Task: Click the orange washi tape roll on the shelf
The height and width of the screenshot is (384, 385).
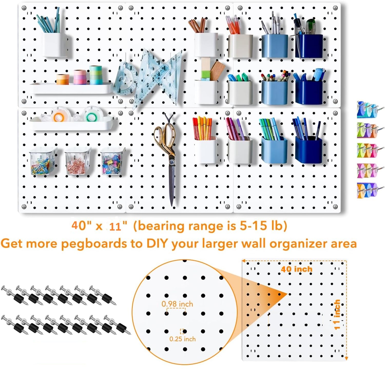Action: pyautogui.click(x=63, y=79)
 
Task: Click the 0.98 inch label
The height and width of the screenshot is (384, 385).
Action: pyautogui.click(x=177, y=304)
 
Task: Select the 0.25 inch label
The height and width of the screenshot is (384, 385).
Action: pyautogui.click(x=182, y=339)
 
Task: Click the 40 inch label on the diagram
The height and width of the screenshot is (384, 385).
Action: pyautogui.click(x=297, y=269)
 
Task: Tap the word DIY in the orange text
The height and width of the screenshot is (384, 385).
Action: pyautogui.click(x=157, y=243)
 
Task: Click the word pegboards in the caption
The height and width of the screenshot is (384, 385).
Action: pyautogui.click(x=94, y=244)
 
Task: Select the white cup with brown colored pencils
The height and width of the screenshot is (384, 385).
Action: pyautogui.click(x=206, y=44)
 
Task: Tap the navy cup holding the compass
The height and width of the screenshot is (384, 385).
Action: pyautogui.click(x=309, y=46)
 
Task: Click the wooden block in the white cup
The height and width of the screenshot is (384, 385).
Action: pyautogui.click(x=217, y=70)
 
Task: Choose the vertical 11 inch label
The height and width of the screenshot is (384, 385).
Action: pyautogui.click(x=337, y=315)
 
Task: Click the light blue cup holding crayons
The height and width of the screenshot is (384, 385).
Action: pyautogui.click(x=274, y=92)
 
